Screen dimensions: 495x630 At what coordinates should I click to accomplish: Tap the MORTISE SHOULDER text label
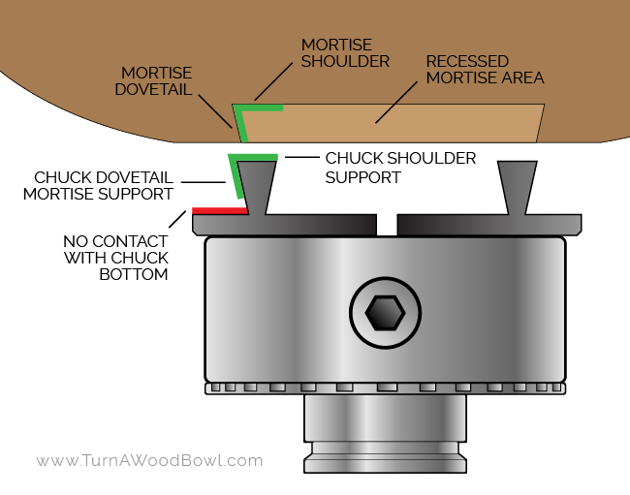(344, 53)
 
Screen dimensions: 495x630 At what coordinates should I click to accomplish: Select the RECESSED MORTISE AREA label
(485, 70)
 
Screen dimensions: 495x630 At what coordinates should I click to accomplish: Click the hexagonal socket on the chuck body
(385, 312)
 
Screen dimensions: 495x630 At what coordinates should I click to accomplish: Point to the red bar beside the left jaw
(219, 210)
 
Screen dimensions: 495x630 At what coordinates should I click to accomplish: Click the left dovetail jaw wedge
(257, 184)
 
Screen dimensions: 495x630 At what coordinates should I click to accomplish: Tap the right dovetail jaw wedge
(517, 184)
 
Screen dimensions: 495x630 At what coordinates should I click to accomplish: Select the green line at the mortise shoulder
(262, 108)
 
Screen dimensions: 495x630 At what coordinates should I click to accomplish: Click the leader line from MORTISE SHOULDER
(272, 82)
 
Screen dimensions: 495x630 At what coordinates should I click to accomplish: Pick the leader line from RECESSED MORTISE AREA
(396, 103)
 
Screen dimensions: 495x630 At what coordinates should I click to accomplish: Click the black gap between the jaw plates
(387, 225)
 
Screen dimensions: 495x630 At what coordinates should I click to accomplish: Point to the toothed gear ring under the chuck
(385, 387)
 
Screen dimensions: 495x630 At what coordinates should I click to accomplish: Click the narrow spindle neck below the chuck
(385, 418)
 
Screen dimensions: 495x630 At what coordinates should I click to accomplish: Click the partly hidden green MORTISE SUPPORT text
(97, 194)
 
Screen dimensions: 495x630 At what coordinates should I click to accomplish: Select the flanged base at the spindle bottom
(385, 464)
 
